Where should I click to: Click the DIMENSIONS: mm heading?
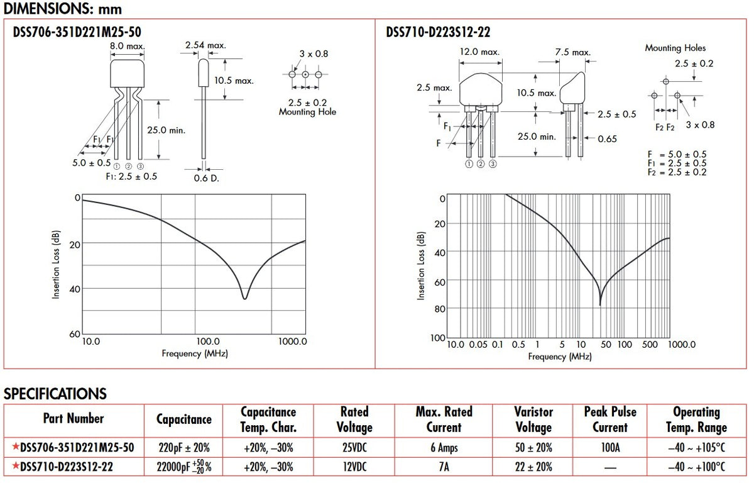63,9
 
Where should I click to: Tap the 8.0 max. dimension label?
127,46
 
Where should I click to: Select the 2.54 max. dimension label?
205,45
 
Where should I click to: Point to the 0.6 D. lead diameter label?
206,178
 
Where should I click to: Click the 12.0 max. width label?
479,52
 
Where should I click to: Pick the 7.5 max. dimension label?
573,52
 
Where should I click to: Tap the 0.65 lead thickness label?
607,139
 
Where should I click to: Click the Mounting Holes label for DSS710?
675,48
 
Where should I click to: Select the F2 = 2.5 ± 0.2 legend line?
677,172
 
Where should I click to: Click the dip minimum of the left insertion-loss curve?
244,299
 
